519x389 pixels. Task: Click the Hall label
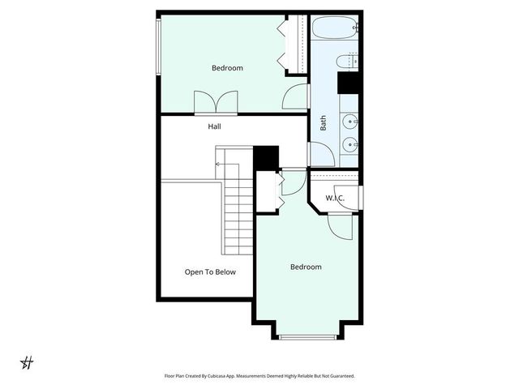tap(214, 126)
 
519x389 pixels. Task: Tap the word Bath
tap(323, 123)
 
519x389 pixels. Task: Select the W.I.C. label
tap(335, 198)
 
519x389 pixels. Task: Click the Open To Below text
tap(210, 272)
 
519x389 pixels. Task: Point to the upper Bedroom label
tap(227, 68)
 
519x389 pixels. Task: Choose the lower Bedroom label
tap(306, 267)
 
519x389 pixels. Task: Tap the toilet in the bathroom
tap(353, 60)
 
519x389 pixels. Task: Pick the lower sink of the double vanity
tap(350, 146)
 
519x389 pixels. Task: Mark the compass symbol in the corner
tap(27, 361)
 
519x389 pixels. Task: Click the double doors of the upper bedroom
tap(216, 103)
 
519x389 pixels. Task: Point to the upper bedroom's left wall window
tap(158, 45)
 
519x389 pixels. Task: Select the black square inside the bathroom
tap(349, 83)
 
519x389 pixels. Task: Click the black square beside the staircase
tap(266, 156)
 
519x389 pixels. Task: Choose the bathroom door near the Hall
tap(320, 154)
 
